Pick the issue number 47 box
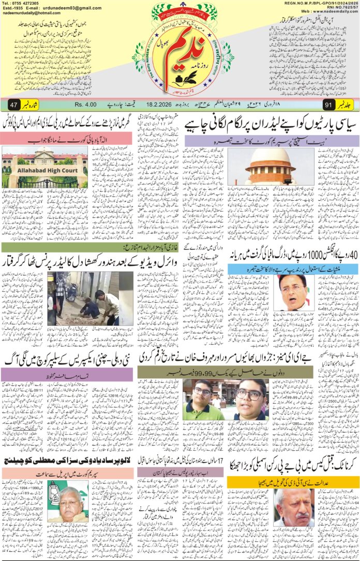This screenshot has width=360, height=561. pos(13,105)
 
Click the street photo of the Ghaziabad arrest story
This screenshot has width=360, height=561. pos(89,298)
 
